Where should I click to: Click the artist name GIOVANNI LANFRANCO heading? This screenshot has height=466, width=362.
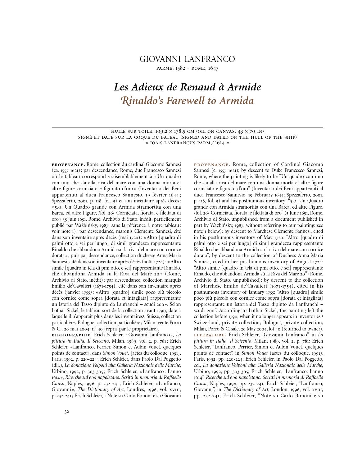click(x=187, y=59)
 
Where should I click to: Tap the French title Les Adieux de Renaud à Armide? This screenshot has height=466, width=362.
click(x=187, y=87)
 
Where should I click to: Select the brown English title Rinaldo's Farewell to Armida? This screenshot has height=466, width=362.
click(x=187, y=101)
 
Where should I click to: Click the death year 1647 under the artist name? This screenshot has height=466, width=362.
click(x=213, y=68)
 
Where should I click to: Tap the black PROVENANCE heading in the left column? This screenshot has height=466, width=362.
click(x=68, y=164)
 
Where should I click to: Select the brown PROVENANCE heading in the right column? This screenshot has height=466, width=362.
click(x=212, y=164)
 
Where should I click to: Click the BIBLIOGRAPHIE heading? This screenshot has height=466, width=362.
click(x=71, y=335)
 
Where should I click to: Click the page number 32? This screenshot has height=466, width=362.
click(x=67, y=412)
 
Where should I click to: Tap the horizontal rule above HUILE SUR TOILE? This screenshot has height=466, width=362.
click(x=187, y=127)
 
